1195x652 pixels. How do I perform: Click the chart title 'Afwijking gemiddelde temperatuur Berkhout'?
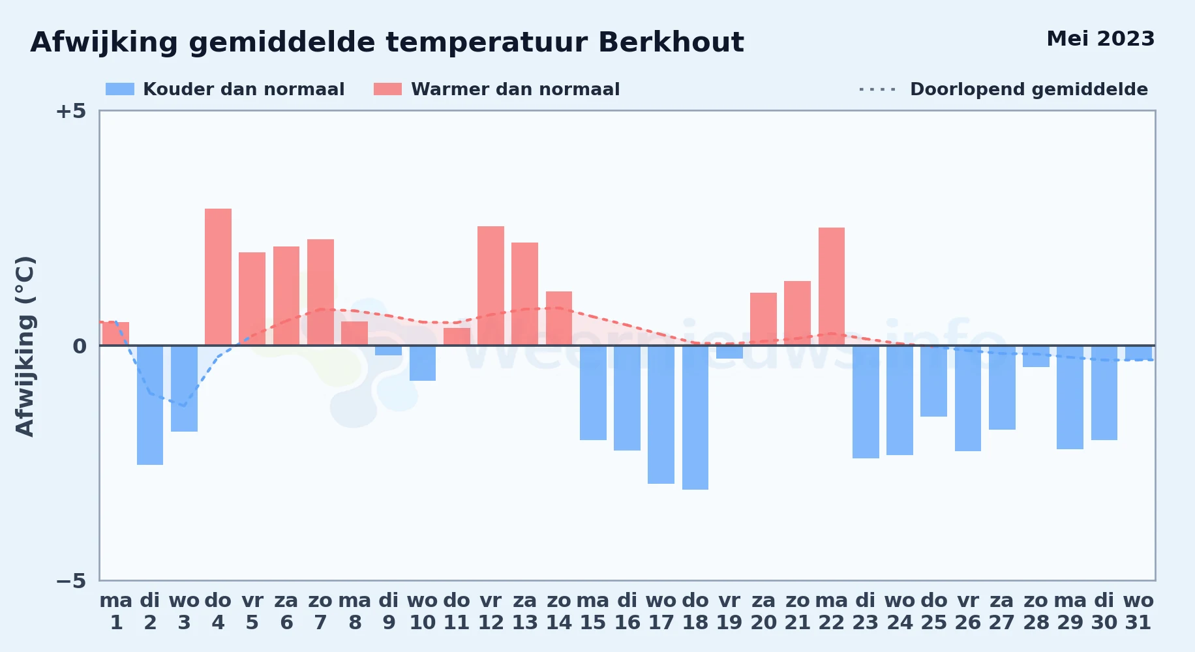tap(387, 42)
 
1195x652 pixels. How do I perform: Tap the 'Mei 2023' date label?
tap(1100, 38)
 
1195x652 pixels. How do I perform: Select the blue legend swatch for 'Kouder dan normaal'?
tap(120, 89)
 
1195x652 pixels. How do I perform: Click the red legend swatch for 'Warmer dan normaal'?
tap(387, 89)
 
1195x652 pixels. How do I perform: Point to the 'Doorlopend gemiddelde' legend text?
tap(1029, 89)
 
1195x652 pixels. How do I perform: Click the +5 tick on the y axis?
tap(70, 111)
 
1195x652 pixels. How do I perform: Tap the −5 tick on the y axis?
tap(70, 580)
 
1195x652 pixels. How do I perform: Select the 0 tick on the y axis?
tap(80, 346)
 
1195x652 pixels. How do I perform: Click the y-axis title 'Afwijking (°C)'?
tap(25, 346)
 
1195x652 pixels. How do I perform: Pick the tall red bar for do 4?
tap(218, 277)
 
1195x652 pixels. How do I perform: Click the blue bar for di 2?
tap(150, 405)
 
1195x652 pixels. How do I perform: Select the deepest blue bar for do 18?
tap(695, 417)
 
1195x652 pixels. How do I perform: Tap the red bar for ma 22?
tap(832, 286)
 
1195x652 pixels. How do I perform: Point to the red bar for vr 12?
tap(491, 286)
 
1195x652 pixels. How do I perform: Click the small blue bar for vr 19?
tap(729, 352)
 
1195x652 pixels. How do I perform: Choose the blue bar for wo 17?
tap(661, 415)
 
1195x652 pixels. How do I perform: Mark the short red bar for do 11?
tap(457, 336)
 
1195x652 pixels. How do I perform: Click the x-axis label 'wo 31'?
tap(1138, 612)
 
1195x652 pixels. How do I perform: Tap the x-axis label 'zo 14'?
tap(559, 612)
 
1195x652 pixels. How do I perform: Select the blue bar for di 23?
tap(866, 402)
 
